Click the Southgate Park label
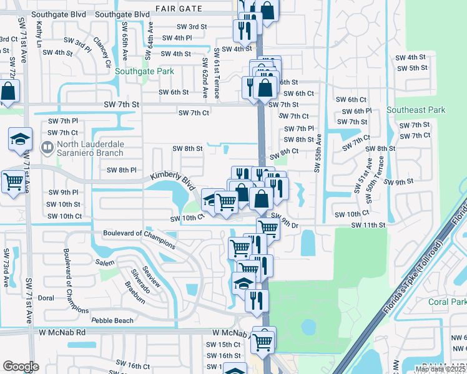click(144, 71)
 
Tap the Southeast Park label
click(416, 110)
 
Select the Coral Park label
click(447, 302)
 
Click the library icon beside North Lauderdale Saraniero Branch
click(47, 148)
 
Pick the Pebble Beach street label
click(112, 320)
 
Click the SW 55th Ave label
click(318, 153)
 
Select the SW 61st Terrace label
click(217, 73)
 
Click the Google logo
click(21, 367)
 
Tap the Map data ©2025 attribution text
click(441, 369)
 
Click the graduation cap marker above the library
click(21, 140)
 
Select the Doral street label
click(46, 298)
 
